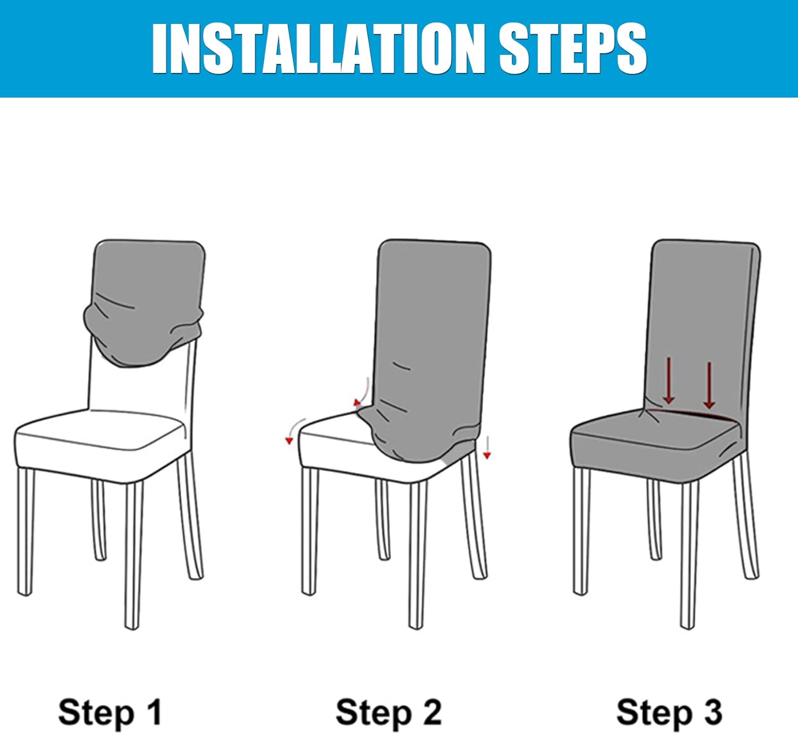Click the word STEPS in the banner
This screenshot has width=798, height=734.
click(573, 48)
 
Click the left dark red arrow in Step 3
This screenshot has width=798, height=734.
click(669, 381)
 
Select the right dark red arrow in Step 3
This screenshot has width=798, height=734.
click(709, 385)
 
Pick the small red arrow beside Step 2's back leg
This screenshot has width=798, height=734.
click(487, 448)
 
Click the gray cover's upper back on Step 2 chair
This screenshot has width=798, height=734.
click(434, 310)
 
